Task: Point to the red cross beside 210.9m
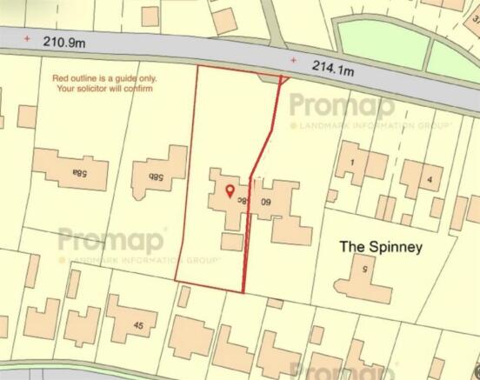(x=27, y=38)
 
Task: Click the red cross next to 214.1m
(x=293, y=61)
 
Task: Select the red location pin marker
(x=230, y=191)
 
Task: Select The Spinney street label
(x=381, y=247)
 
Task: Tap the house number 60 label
(x=267, y=202)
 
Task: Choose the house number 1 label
(x=353, y=163)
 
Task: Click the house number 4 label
(x=429, y=179)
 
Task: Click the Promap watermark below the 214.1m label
(x=342, y=106)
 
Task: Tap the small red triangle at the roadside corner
(x=283, y=80)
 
